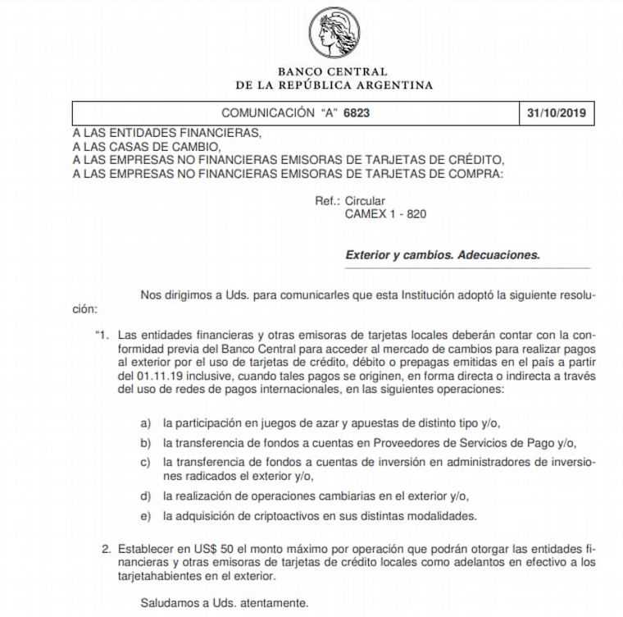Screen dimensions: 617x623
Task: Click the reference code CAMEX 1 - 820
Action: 386,213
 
